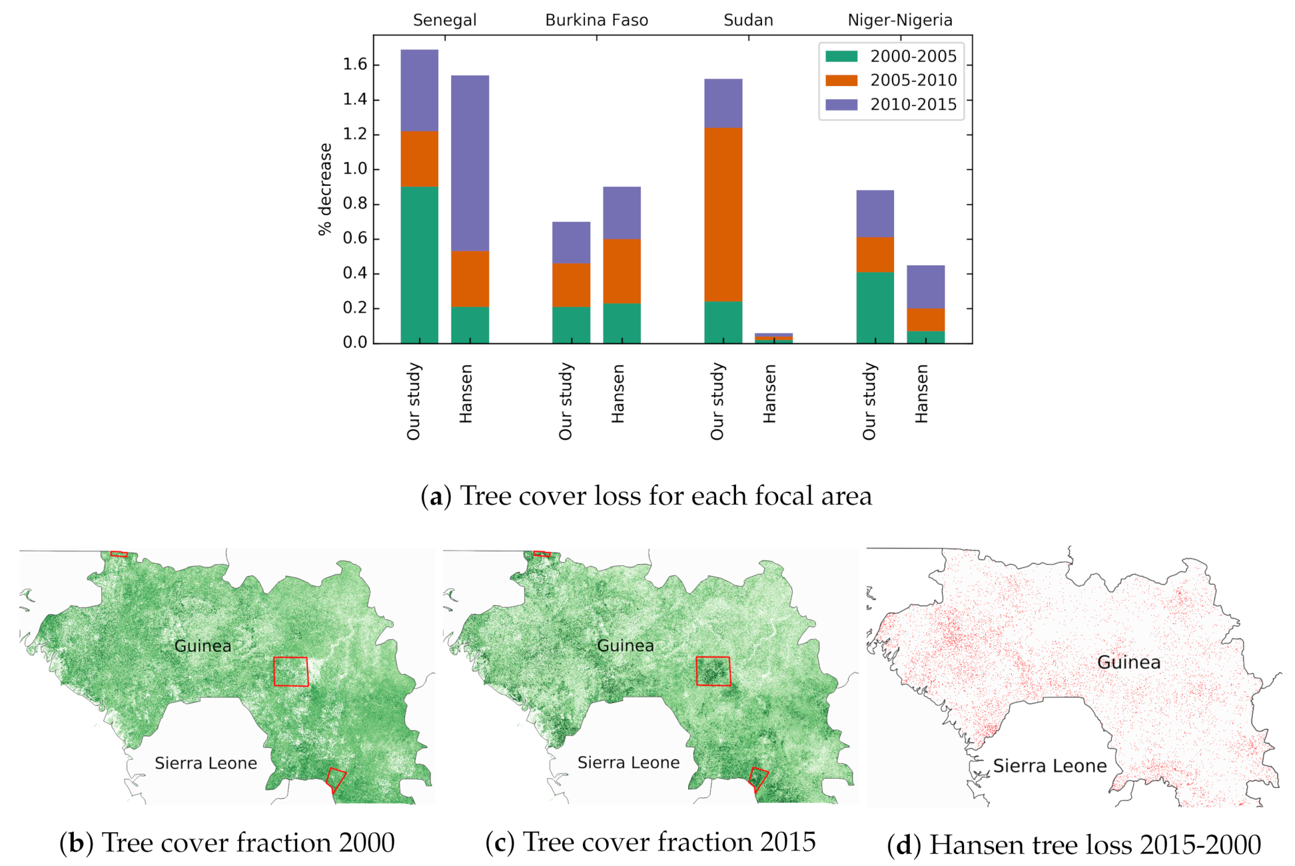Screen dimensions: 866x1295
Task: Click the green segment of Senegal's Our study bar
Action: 419,265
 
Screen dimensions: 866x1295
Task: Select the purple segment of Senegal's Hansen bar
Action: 470,163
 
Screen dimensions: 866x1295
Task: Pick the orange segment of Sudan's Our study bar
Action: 723,214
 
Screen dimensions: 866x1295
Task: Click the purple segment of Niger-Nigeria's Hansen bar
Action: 925,287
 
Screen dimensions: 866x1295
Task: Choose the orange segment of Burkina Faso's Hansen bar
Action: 622,271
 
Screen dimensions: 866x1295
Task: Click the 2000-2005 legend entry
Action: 891,57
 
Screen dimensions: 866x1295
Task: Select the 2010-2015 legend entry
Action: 891,105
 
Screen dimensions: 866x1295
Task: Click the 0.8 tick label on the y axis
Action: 355,204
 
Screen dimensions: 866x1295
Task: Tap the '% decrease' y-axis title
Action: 325,189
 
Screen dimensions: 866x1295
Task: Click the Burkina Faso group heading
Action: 596,21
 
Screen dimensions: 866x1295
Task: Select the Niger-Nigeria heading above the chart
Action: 899,21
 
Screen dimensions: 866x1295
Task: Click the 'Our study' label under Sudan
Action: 717,401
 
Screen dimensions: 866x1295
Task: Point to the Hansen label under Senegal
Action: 466,393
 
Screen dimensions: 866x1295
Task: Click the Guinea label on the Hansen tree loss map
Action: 1128,663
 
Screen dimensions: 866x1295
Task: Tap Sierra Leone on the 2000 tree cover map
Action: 206,763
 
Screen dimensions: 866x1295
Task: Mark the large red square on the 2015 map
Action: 713,671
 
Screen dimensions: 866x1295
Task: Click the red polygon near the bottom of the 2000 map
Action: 336,779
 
